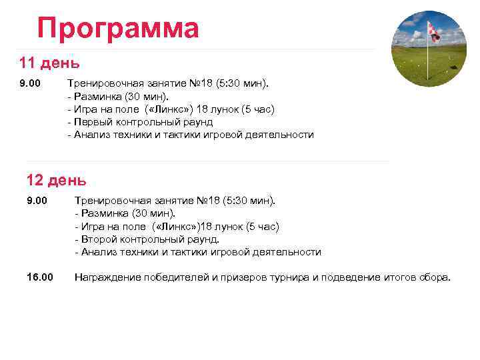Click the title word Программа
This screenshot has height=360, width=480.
pyautogui.click(x=118, y=29)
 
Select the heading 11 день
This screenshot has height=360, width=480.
pyautogui.click(x=49, y=63)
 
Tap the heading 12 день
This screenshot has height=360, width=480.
pyautogui.click(x=56, y=179)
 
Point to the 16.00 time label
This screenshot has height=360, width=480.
pyautogui.click(x=39, y=277)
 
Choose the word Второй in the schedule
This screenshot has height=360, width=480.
pyautogui.click(x=97, y=239)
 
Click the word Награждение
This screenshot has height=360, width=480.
pyautogui.click(x=107, y=277)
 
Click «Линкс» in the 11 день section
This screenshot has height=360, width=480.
pyautogui.click(x=175, y=109)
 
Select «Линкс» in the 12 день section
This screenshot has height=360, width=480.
pyautogui.click(x=181, y=226)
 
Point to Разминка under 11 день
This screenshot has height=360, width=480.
pyautogui.click(x=97, y=97)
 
